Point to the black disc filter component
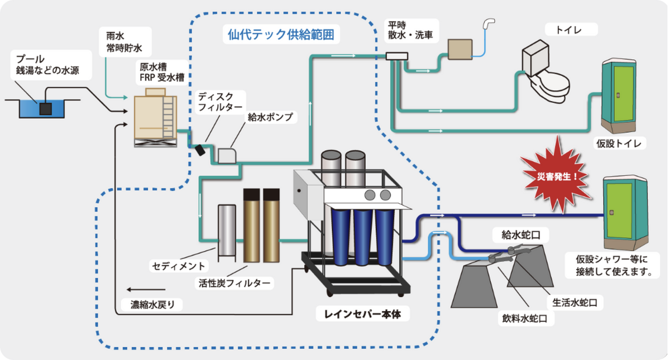[199, 150]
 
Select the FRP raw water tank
[156, 117]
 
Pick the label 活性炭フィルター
[236, 283]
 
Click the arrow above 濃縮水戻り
[146, 290]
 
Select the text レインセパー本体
[362, 314]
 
